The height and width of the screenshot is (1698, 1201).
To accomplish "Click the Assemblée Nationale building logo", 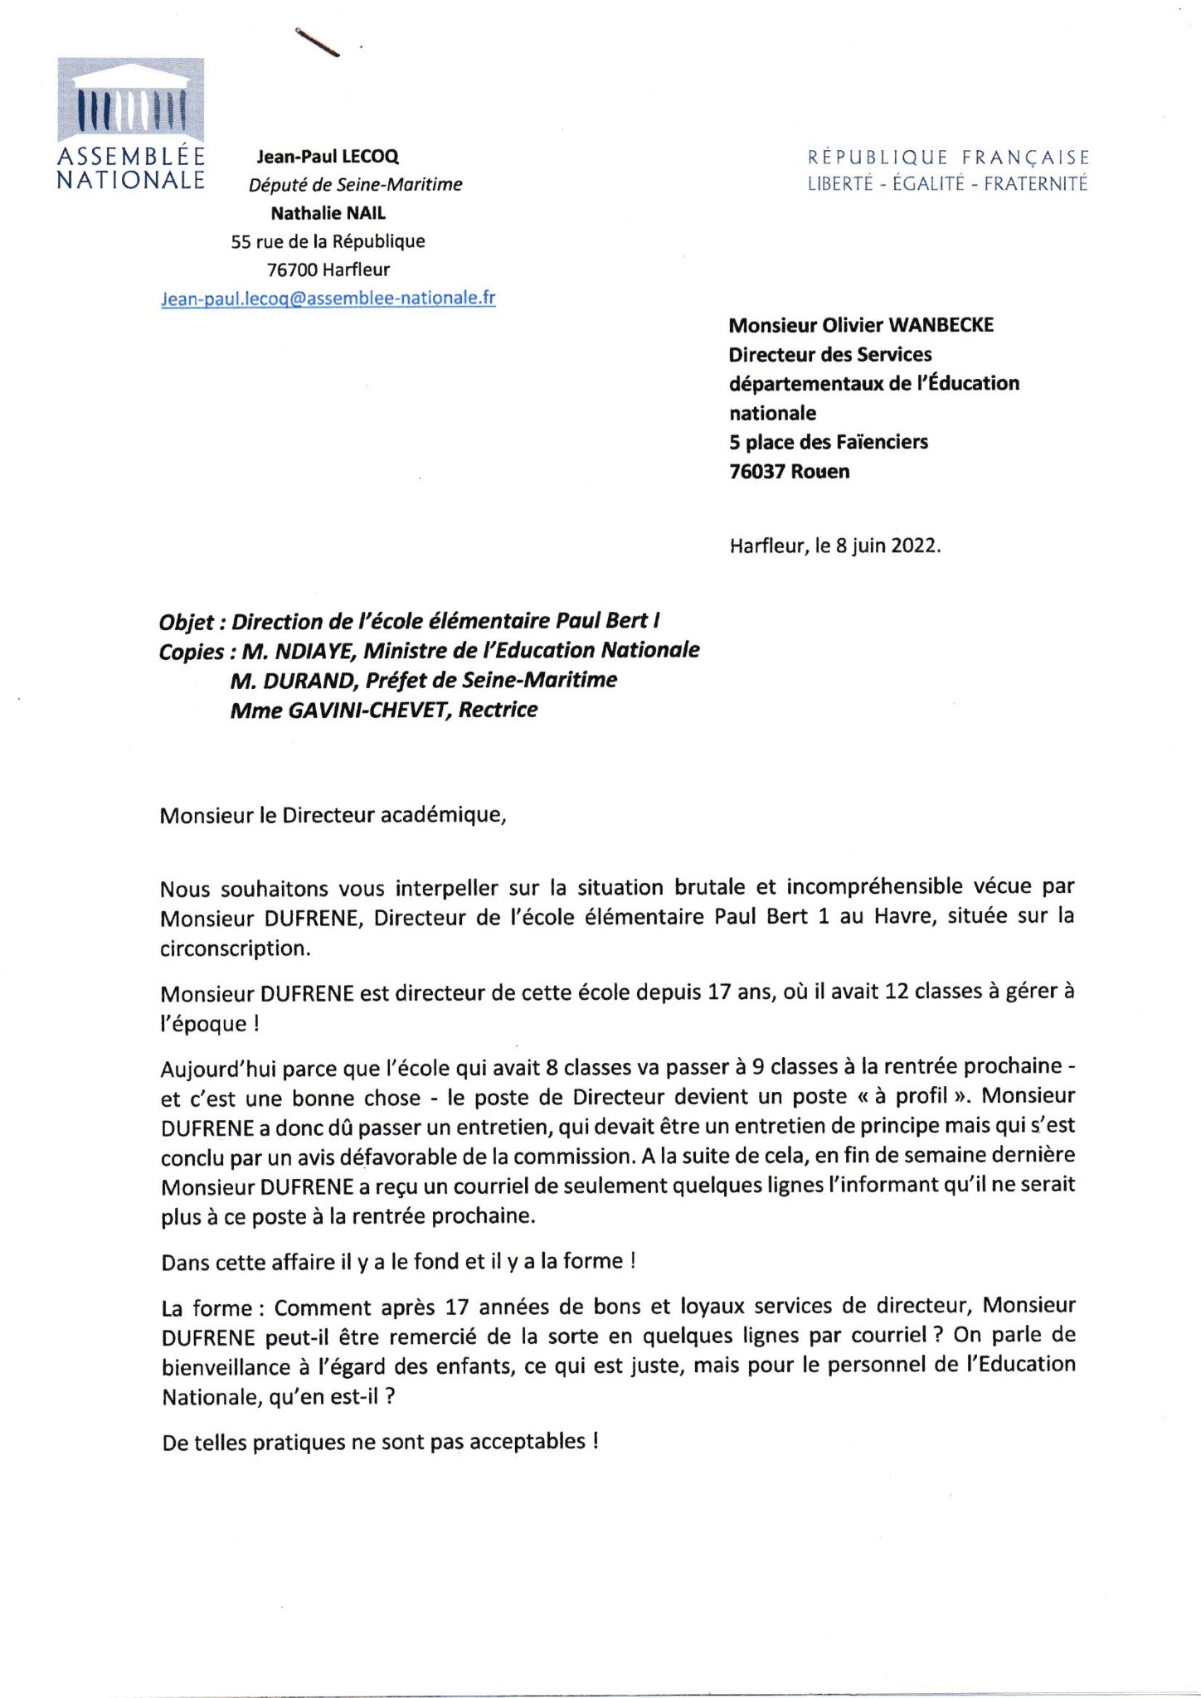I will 130,99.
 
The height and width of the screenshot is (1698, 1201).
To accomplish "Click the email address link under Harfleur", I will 328,298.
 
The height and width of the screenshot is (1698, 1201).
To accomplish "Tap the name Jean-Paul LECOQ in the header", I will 328,156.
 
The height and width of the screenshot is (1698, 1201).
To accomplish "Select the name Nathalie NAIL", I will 328,213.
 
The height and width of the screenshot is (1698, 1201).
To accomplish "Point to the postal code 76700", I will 292,269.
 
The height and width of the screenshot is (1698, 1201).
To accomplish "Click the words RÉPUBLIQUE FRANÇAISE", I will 948,157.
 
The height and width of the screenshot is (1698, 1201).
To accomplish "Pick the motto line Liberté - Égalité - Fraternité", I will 947,184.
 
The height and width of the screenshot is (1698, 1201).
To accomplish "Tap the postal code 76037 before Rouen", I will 756,472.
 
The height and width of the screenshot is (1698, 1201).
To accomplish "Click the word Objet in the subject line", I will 187,622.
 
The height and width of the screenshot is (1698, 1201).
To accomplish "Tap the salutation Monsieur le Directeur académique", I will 333,815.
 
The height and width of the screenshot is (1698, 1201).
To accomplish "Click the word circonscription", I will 235,948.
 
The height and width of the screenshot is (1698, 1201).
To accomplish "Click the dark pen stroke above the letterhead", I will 318,43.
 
